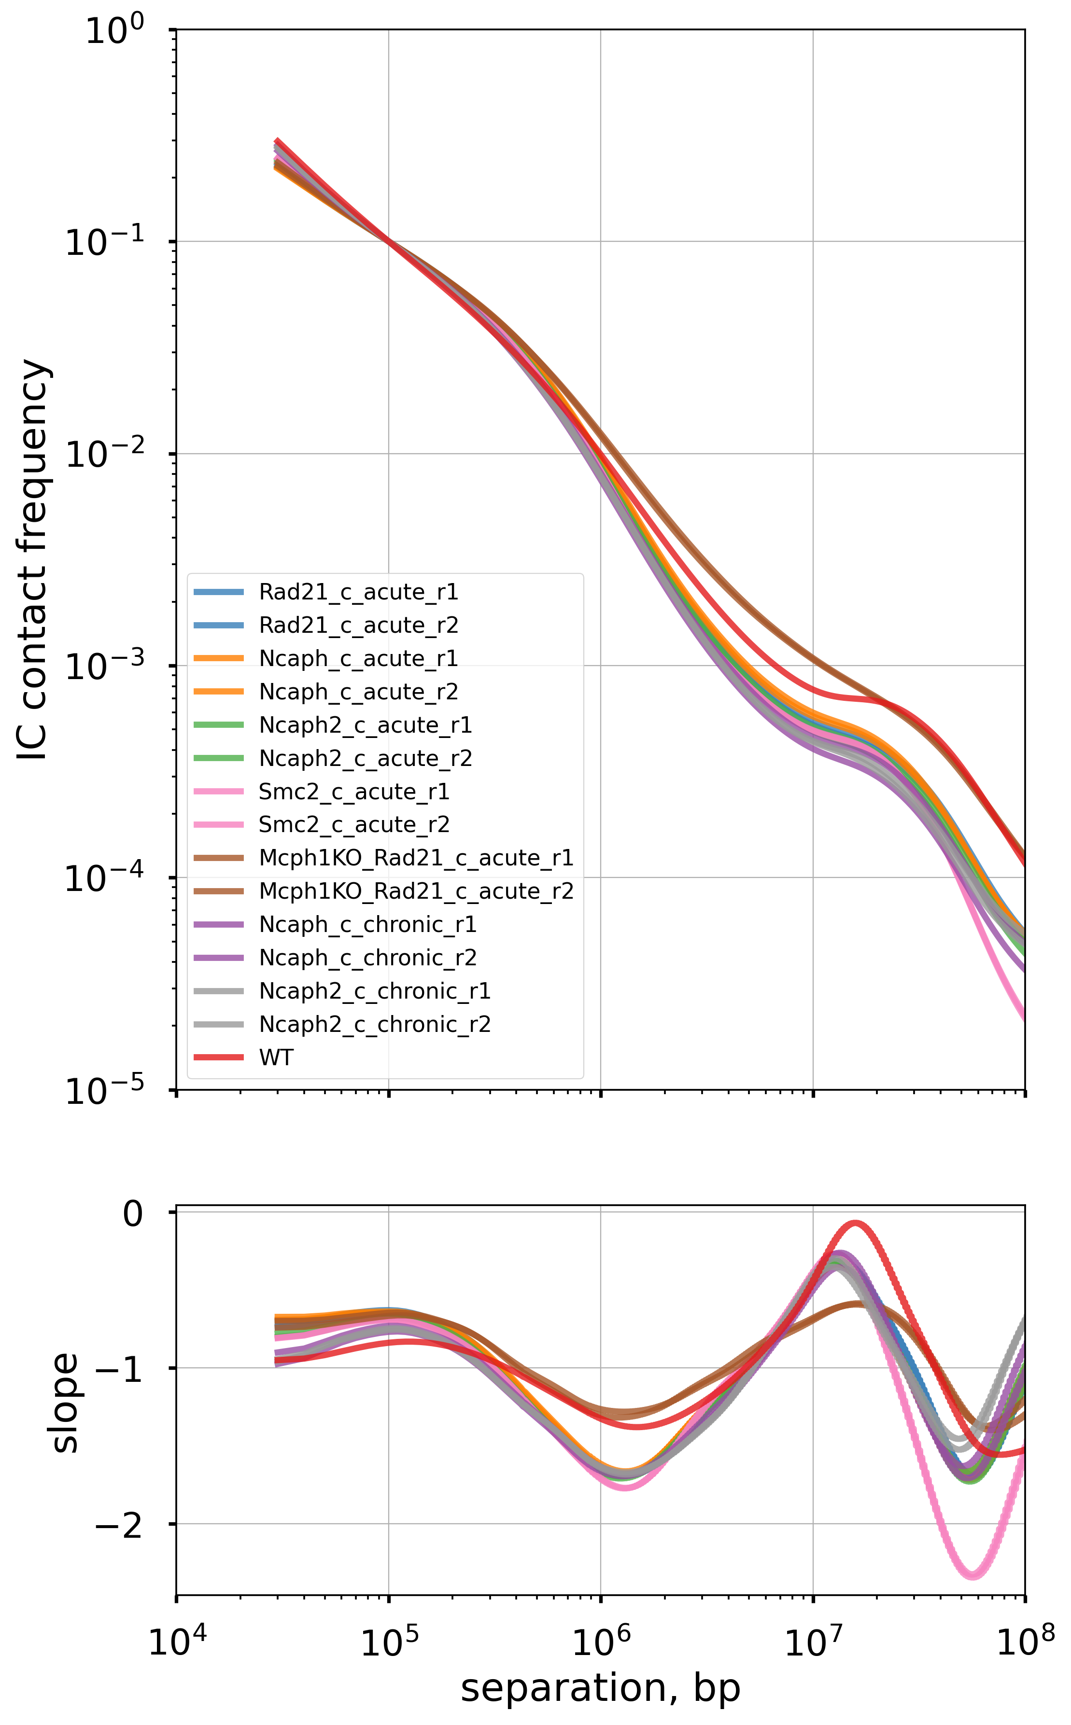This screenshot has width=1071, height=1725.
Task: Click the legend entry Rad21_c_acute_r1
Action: (358, 592)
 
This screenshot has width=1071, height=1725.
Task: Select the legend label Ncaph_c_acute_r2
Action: (358, 692)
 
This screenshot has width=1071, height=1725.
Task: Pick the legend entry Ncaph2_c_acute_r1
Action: (366, 725)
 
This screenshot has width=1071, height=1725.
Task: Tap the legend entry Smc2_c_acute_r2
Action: (354, 825)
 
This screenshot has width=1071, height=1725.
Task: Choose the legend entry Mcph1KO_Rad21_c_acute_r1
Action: (416, 858)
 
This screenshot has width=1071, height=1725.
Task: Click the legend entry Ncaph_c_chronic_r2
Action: (367, 958)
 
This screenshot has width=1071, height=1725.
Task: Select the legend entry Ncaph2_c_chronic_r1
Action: (375, 991)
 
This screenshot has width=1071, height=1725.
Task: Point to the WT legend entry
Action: (276, 1057)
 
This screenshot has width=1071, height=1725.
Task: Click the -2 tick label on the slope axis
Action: (118, 1524)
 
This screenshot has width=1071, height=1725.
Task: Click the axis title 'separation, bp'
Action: (601, 1688)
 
